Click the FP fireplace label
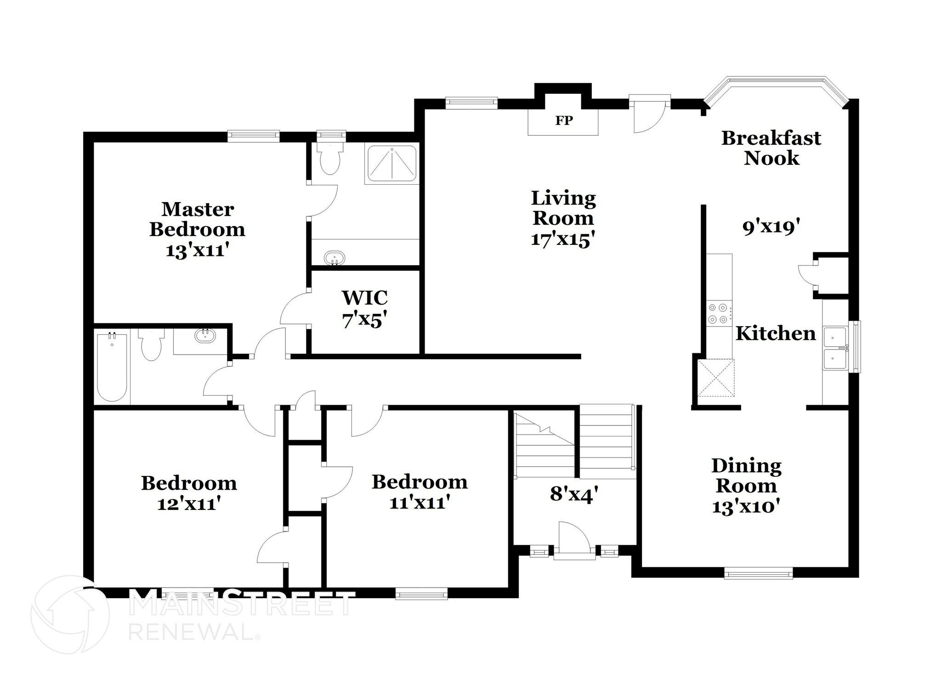[564, 120]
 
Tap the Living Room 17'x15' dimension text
[563, 239]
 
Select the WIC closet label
[365, 298]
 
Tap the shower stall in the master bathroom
[391, 164]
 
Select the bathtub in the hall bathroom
[112, 366]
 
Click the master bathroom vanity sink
[334, 258]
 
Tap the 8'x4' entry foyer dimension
[574, 494]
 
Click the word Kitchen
[776, 334]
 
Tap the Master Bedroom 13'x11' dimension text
[198, 250]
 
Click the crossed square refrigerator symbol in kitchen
[716, 378]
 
